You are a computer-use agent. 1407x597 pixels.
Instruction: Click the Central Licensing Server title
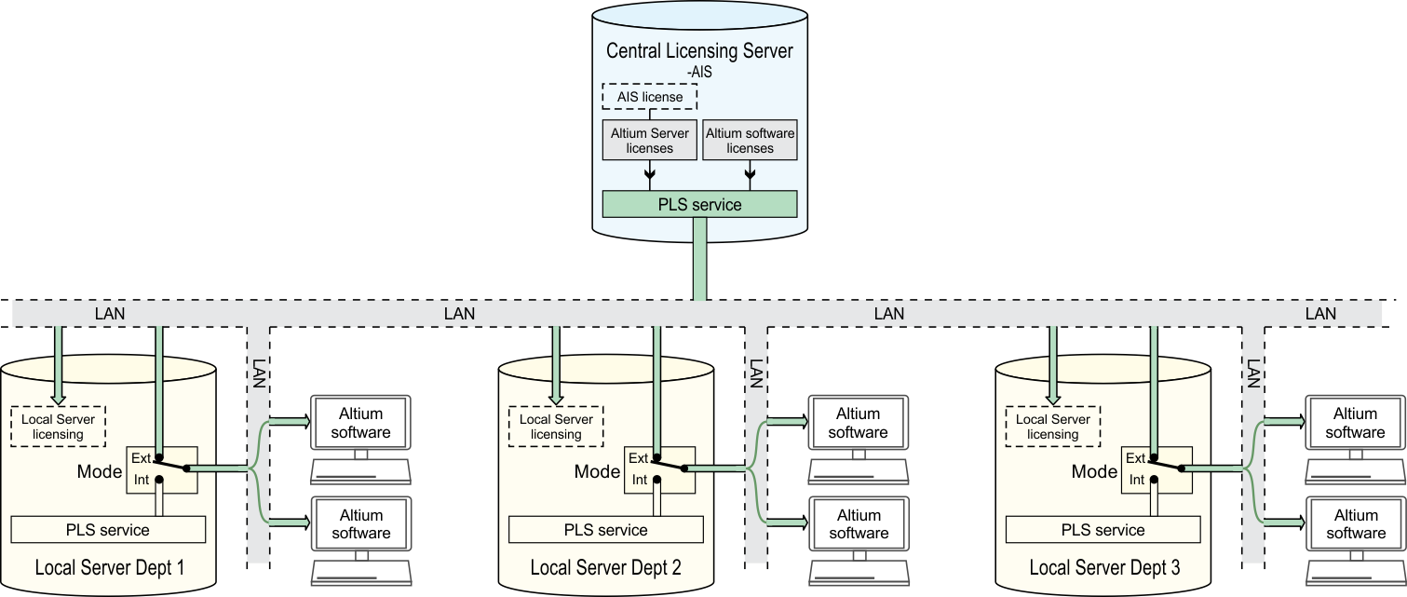[x=699, y=50]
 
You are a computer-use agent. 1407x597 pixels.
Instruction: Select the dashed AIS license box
[x=650, y=97]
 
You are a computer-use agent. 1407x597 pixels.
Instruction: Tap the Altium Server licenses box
[x=650, y=141]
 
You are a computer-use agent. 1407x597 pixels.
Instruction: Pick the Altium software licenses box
[x=750, y=141]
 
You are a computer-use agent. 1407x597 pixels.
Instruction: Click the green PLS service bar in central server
[x=699, y=204]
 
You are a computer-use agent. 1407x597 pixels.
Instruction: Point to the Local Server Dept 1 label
[x=109, y=567]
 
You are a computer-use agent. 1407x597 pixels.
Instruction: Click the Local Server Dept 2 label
[x=605, y=567]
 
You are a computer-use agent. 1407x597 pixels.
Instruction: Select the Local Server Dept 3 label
[x=1104, y=567]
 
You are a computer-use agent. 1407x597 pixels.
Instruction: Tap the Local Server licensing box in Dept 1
[x=58, y=427]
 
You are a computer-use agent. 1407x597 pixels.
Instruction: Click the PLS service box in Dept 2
[x=605, y=530]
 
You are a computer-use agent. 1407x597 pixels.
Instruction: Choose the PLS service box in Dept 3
[x=1103, y=530]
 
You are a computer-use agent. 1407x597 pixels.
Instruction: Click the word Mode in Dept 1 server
[x=100, y=471]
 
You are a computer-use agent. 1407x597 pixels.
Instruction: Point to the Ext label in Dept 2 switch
[x=639, y=458]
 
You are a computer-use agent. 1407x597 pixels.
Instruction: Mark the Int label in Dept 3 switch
[x=1136, y=480]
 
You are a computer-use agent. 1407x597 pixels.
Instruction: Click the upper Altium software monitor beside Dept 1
[x=360, y=424]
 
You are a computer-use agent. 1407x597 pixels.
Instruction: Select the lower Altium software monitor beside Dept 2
[x=859, y=524]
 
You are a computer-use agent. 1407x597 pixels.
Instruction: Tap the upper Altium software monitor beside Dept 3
[x=1356, y=424]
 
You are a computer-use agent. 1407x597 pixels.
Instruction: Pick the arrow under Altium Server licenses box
[x=650, y=173]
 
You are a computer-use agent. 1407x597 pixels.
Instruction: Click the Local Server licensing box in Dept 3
[x=1053, y=427]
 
